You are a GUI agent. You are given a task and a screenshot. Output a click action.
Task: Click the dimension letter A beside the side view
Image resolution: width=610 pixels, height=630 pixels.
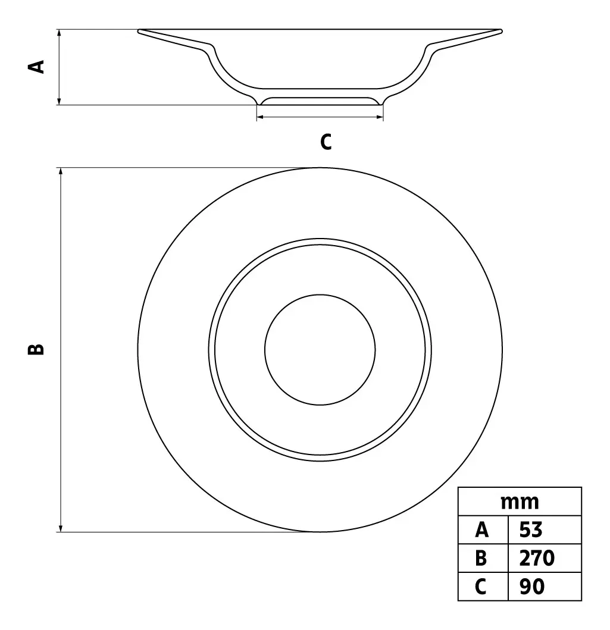36,67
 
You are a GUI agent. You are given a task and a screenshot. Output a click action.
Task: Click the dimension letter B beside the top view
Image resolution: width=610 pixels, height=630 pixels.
36,349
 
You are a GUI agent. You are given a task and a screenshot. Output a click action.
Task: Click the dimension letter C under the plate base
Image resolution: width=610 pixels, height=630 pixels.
326,142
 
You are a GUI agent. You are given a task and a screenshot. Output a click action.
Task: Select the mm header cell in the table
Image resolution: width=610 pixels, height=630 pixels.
520,502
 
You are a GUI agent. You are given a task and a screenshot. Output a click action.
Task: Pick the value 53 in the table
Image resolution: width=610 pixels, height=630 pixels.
530,530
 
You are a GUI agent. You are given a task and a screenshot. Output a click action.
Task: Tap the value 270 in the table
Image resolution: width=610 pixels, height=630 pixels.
537,558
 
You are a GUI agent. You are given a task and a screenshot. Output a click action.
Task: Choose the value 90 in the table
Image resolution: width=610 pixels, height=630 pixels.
531,587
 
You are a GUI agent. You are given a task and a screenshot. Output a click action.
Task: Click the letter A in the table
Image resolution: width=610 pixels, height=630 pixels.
481,530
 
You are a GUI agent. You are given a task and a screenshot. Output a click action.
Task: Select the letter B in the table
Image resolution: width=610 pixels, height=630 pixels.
481,558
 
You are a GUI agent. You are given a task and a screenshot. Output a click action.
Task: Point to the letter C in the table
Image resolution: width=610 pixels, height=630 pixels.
481,587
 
